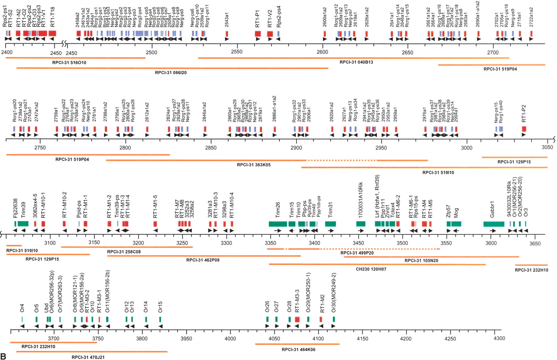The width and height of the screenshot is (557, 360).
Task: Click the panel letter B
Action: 3,356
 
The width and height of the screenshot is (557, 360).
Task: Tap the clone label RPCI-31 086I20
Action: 171,73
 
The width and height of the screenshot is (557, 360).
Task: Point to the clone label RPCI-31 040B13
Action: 357,63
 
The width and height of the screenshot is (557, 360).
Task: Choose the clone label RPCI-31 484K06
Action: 298,349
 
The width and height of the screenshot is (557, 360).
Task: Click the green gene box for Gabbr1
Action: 493,223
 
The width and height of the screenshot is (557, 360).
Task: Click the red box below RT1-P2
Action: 524,129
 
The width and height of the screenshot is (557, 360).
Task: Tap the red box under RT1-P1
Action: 258,33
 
